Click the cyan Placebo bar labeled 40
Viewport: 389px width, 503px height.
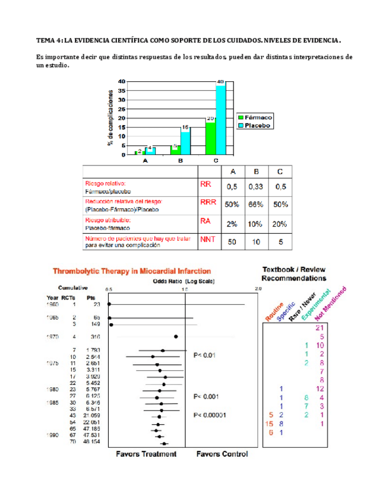[220, 119]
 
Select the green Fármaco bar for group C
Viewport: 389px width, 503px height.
[210, 138]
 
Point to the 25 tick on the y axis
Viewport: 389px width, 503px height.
[122, 109]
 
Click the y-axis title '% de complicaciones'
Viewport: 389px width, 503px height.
[110, 117]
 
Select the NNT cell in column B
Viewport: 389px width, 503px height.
[257, 241]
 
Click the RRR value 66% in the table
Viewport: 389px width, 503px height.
[257, 205]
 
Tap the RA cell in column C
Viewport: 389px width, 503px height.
[280, 223]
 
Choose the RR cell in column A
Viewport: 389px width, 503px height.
[233, 187]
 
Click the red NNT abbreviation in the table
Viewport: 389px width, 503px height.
[207, 240]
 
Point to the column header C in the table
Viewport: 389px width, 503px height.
[280, 171]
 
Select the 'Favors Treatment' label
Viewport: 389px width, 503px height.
[146, 454]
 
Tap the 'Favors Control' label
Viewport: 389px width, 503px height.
[222, 454]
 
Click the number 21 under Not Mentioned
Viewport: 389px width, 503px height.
[320, 327]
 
